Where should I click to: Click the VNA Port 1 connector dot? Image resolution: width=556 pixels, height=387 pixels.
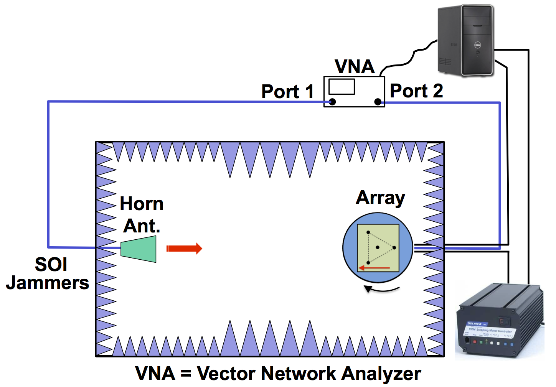(x=333, y=102)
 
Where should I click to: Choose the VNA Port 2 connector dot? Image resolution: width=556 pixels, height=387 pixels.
(x=378, y=102)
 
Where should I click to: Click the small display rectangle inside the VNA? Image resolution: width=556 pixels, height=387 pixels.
(x=342, y=87)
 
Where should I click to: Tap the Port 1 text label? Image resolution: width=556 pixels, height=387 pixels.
(x=287, y=92)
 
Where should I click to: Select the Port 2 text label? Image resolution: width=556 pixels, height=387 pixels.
(x=416, y=91)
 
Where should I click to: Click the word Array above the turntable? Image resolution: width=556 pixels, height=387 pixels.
(x=380, y=198)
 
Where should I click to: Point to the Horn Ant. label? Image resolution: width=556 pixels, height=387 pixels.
(x=142, y=215)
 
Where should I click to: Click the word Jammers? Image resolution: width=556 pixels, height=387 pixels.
(x=48, y=283)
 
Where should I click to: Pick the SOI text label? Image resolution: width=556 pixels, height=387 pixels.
(x=51, y=264)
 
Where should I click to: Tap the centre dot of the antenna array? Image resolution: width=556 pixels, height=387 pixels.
(x=378, y=247)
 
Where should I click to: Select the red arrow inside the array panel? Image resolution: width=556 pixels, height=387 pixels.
(x=374, y=268)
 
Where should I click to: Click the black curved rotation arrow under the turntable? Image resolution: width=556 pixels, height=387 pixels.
(x=381, y=289)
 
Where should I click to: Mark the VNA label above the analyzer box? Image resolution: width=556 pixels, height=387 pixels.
(x=355, y=67)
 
